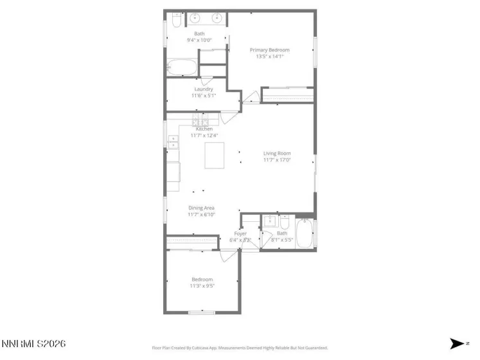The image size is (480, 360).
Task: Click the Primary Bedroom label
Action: click(x=269, y=50)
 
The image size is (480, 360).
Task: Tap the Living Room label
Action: click(x=277, y=153)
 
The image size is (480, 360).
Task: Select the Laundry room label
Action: click(x=204, y=89)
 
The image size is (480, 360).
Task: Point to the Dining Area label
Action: click(x=201, y=208)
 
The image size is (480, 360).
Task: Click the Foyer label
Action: click(x=240, y=233)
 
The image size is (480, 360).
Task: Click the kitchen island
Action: click(x=215, y=156)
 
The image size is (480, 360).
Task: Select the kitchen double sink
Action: click(x=173, y=141)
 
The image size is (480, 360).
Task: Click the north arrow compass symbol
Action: click(x=457, y=344)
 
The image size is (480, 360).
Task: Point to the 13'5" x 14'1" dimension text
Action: click(x=269, y=57)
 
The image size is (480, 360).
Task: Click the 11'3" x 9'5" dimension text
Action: click(x=203, y=286)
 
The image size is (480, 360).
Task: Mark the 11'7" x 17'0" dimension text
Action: click(x=277, y=160)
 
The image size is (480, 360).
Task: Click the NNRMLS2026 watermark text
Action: click(x=33, y=345)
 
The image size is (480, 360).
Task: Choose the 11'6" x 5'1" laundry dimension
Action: click(x=204, y=96)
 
